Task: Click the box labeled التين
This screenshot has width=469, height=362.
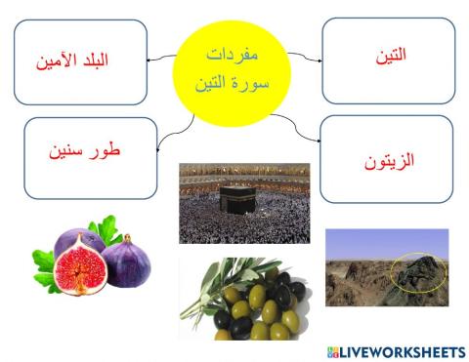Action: click(x=387, y=60)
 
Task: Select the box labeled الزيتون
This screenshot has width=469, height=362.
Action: click(x=387, y=160)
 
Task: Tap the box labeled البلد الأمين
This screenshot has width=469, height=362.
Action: click(x=80, y=61)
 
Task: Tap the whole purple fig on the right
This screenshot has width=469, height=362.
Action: click(x=127, y=261)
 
